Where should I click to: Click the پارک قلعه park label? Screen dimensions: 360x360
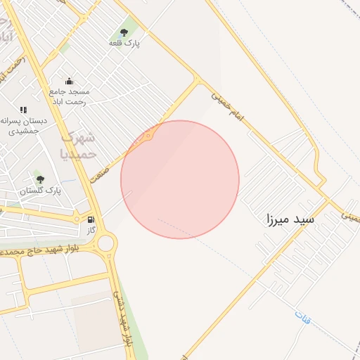point(124,44)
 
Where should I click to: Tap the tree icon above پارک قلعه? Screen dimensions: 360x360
point(124,32)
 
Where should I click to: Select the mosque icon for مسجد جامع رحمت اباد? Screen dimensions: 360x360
point(69,82)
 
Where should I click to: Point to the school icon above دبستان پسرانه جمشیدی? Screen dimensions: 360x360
point(24,110)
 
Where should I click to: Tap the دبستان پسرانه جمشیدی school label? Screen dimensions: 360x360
point(24,126)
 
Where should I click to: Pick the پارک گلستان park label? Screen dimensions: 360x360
point(40,191)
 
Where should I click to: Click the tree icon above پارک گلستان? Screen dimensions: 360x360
point(40,179)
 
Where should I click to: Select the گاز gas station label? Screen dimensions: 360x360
point(91,230)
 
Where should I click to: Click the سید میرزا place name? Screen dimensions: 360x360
point(290,219)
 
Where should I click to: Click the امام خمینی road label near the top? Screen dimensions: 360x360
point(227,106)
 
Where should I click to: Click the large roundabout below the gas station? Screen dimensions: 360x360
point(106,244)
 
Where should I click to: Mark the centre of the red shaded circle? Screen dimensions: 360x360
point(180,179)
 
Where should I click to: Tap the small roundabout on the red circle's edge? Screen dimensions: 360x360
point(148,135)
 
